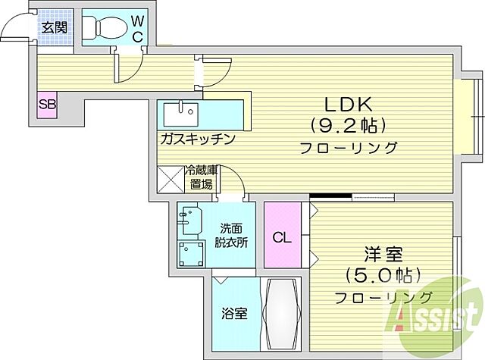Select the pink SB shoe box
(x=47, y=105)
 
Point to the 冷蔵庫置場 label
(x=202, y=177)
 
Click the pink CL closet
(x=281, y=236)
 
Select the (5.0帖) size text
(x=383, y=274)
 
